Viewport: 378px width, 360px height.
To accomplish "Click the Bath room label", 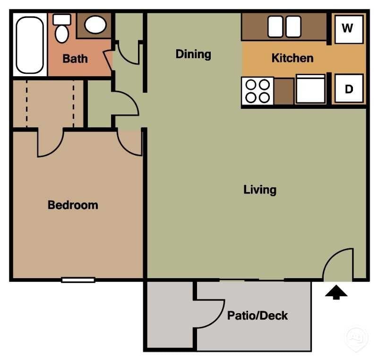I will tap(75, 59).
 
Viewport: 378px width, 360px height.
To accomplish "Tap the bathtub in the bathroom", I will tap(30, 44).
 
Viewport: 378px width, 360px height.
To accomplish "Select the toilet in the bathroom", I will tap(62, 28).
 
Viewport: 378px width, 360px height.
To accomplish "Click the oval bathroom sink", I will tap(96, 25).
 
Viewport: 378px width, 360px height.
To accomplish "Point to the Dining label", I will tap(193, 54).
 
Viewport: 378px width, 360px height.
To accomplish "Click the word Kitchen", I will tap(292, 58).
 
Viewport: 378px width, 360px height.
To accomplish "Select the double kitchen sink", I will tap(284, 26).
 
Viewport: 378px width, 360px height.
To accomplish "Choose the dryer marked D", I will tap(349, 89).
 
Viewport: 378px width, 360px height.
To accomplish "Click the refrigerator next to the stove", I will tap(310, 89).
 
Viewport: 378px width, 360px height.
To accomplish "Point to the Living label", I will tap(260, 190).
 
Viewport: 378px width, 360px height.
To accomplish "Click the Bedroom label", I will tap(73, 205).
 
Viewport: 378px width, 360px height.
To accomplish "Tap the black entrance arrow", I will tap(336, 293).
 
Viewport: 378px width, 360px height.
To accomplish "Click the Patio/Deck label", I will tap(258, 316).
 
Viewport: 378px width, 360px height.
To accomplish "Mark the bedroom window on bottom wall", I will tap(78, 280).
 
